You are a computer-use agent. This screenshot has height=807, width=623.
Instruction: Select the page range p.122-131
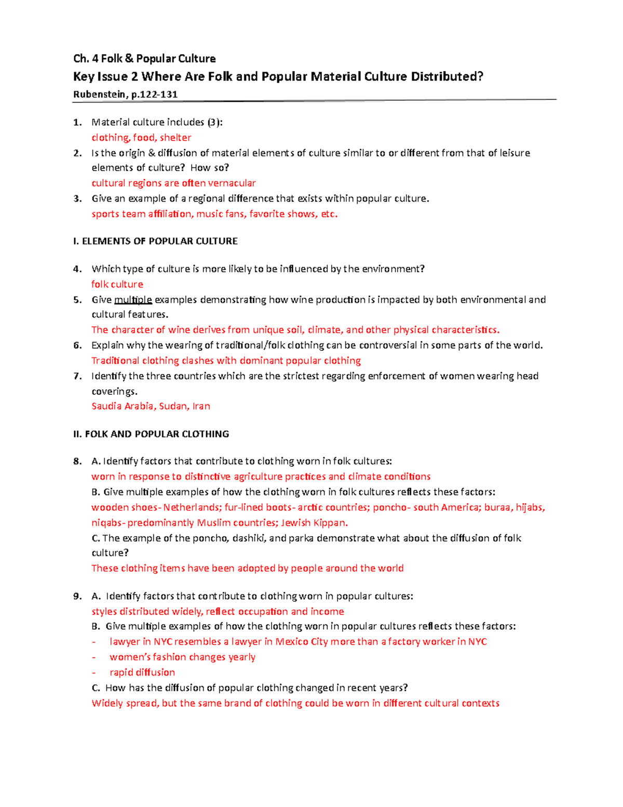click(x=154, y=94)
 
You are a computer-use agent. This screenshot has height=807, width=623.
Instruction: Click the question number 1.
click(x=77, y=122)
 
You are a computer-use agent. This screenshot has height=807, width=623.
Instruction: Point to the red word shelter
click(x=175, y=138)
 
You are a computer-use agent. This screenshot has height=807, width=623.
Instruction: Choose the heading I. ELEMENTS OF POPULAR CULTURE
click(x=155, y=241)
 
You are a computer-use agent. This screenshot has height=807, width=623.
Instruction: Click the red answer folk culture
click(x=117, y=284)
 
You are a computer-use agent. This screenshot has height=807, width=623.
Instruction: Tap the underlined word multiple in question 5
click(x=133, y=300)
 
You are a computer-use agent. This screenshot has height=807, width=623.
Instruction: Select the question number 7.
click(x=77, y=376)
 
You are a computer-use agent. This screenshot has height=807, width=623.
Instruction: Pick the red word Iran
click(x=201, y=406)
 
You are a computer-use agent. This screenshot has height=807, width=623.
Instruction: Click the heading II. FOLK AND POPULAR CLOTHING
click(x=151, y=434)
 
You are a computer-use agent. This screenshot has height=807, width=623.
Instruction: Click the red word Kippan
click(x=330, y=523)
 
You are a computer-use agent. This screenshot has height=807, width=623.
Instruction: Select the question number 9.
click(x=77, y=596)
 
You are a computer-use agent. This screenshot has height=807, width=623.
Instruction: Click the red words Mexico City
click(x=302, y=642)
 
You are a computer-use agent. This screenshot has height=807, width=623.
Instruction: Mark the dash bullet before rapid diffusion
click(x=94, y=672)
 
